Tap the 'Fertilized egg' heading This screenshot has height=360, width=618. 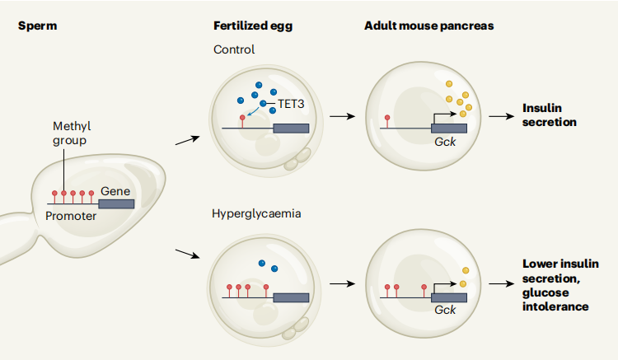(252, 26)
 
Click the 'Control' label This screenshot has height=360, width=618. (234, 49)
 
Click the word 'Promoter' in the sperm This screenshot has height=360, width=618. (72, 217)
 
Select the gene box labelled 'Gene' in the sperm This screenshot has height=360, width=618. (116, 203)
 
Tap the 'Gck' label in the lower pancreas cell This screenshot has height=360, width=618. (444, 309)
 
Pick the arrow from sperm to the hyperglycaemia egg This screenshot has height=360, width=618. (187, 250)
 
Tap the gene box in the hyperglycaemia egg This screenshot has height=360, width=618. (291, 297)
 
